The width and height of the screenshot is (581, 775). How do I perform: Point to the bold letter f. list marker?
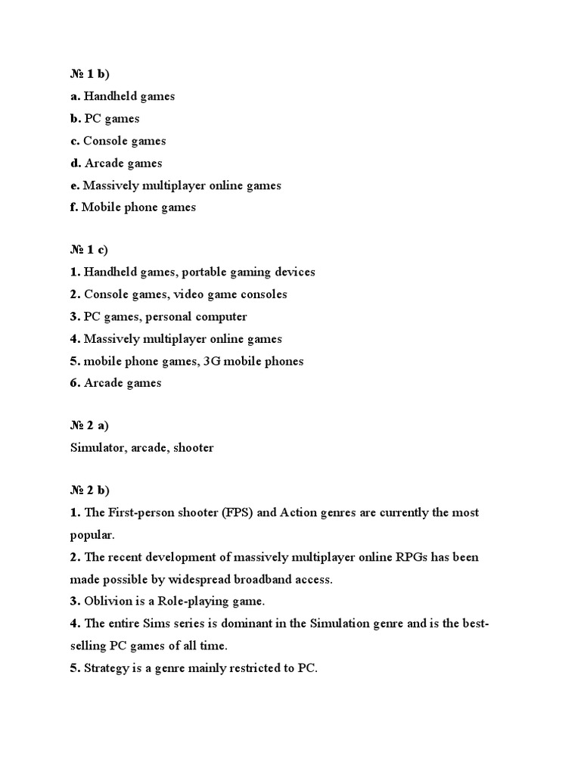coord(74,207)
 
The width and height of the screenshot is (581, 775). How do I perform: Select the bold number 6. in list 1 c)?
coord(75,383)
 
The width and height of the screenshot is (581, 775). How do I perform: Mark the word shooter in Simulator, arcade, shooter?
coord(194,448)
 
